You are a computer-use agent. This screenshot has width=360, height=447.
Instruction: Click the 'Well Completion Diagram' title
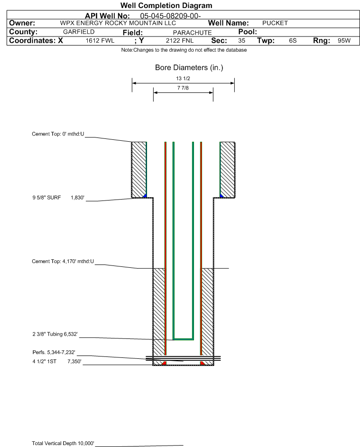(166, 5)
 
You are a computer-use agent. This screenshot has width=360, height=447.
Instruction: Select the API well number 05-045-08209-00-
(170, 16)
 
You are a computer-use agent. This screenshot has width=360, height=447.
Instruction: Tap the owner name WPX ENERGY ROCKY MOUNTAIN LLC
(118, 23)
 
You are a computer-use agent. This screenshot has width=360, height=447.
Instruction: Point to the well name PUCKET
(275, 23)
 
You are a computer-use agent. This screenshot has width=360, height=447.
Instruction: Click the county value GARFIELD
(79, 32)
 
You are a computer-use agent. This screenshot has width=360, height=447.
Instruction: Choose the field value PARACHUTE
(192, 33)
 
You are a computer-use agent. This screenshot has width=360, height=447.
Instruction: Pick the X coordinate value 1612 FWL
(100, 40)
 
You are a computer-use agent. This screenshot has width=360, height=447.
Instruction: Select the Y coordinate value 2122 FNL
(180, 40)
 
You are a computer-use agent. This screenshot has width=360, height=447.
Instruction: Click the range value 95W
(344, 40)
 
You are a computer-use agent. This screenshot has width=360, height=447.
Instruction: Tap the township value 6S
(293, 40)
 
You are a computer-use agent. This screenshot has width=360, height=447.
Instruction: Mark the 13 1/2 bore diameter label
(183, 78)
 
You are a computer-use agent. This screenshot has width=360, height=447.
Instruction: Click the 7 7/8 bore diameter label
(183, 88)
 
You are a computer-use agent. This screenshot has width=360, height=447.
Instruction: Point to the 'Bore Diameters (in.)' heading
(189, 68)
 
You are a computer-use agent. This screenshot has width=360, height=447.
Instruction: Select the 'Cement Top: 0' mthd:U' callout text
(58, 134)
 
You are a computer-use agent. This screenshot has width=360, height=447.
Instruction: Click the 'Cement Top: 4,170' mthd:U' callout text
(63, 261)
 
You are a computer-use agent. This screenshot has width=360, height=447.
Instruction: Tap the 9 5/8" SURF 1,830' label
(58, 198)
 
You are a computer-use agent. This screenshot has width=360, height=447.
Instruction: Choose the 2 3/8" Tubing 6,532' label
(55, 334)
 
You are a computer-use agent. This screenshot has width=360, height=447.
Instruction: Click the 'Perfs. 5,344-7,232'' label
(54, 352)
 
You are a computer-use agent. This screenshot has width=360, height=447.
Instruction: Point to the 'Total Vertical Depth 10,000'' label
(63, 443)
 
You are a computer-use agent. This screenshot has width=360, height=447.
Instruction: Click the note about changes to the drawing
(184, 50)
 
